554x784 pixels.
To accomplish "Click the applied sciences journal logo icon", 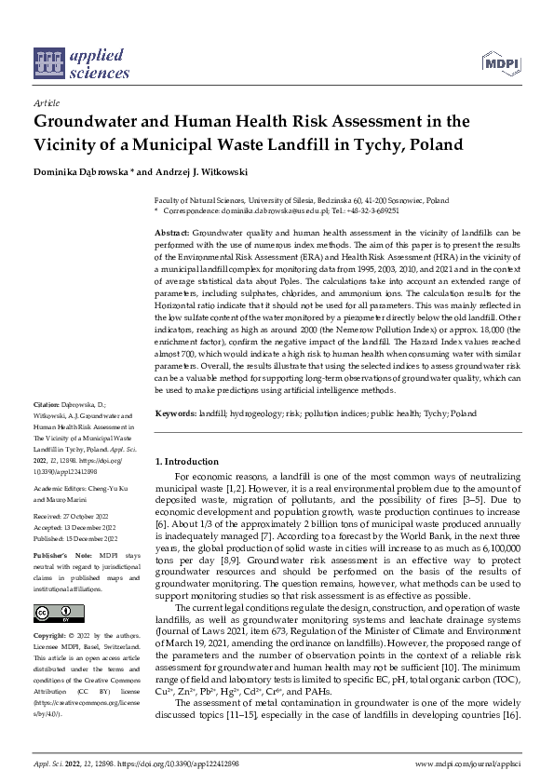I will [x=47, y=63].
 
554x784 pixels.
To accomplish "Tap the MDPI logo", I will [x=500, y=63].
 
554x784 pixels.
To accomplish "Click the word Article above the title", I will [x=46, y=102].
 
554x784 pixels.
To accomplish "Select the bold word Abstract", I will [x=171, y=231].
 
